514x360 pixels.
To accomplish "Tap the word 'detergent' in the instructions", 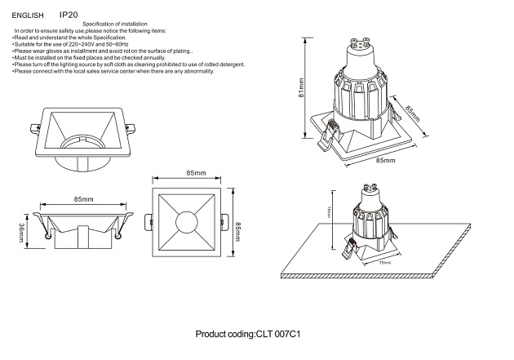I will [x=228, y=64].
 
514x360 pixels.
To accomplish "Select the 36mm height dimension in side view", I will [x=22, y=234].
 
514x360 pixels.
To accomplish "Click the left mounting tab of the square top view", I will [x=147, y=221].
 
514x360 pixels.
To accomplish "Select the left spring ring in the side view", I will [x=51, y=237].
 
